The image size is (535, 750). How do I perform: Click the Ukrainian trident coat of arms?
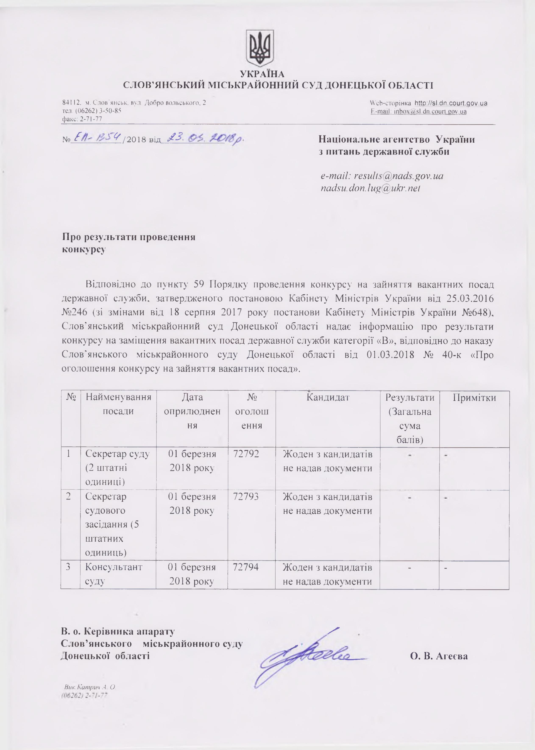click(260, 48)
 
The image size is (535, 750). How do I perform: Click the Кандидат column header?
click(327, 397)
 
